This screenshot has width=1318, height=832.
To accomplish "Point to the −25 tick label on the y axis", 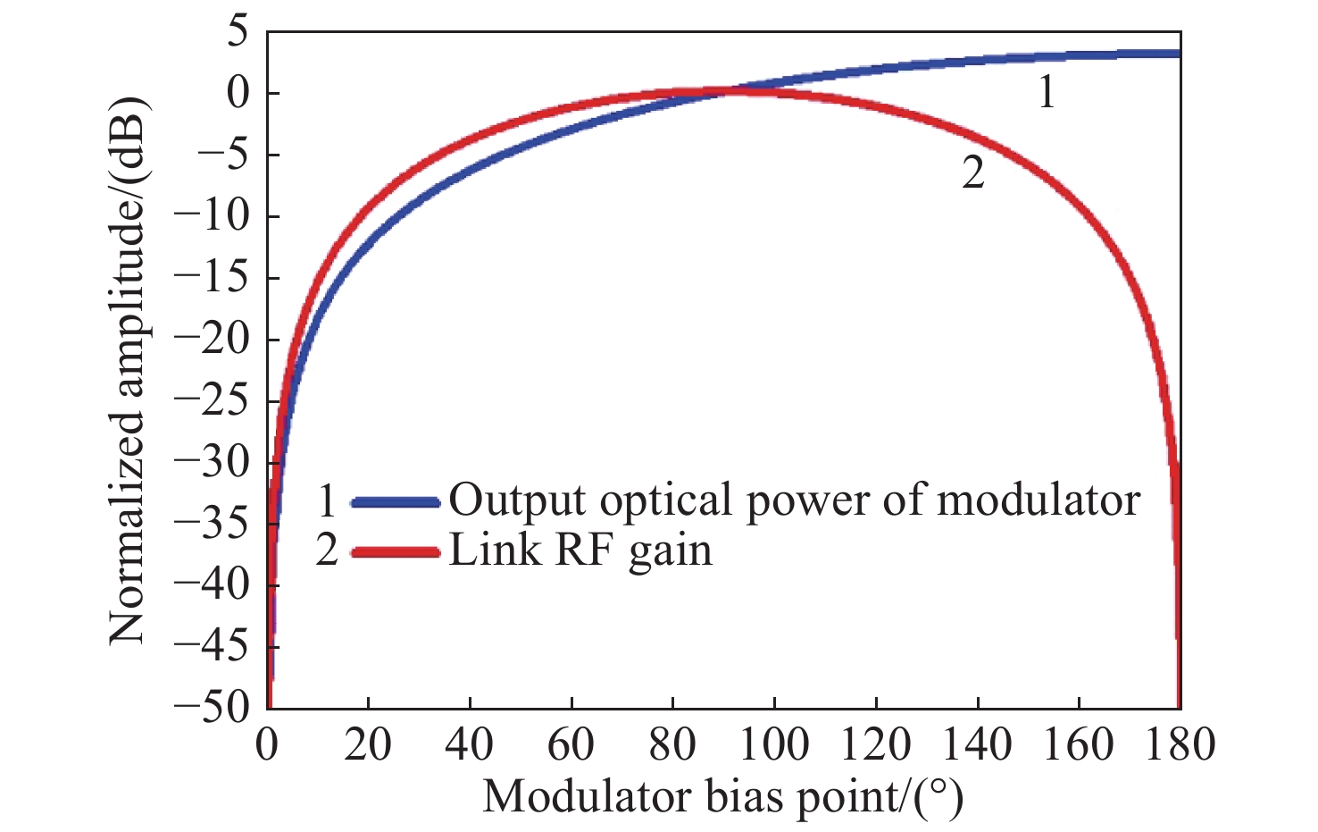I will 214,400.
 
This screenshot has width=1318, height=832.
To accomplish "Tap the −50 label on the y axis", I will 214,708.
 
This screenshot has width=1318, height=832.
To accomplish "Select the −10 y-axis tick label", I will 214,216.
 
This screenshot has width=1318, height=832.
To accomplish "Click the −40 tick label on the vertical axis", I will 214,585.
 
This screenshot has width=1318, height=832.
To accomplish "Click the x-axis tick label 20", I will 368,744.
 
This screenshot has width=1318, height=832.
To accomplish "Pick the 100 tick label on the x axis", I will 774,744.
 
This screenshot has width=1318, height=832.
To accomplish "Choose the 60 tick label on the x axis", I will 571,744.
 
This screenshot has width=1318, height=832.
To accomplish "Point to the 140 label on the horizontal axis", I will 977,744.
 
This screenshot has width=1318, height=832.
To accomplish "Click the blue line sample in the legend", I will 396,502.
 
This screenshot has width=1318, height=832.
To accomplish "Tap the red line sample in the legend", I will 396,552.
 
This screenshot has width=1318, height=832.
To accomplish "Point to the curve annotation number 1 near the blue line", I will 1047,93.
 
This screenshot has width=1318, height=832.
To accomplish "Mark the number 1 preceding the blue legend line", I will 327,502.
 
